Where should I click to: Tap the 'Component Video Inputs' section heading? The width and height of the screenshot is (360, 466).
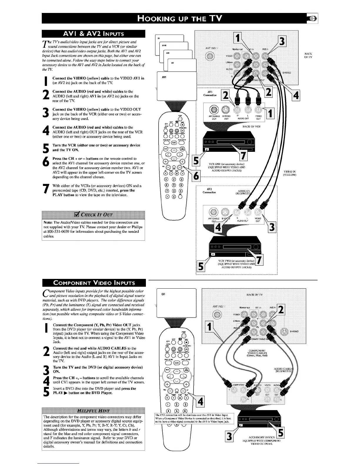click(94, 283)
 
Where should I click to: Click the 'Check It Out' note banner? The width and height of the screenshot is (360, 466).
click(94, 213)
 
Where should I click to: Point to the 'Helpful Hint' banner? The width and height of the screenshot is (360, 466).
click(94, 411)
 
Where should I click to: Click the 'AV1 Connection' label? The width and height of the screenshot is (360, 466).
click(212, 93)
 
